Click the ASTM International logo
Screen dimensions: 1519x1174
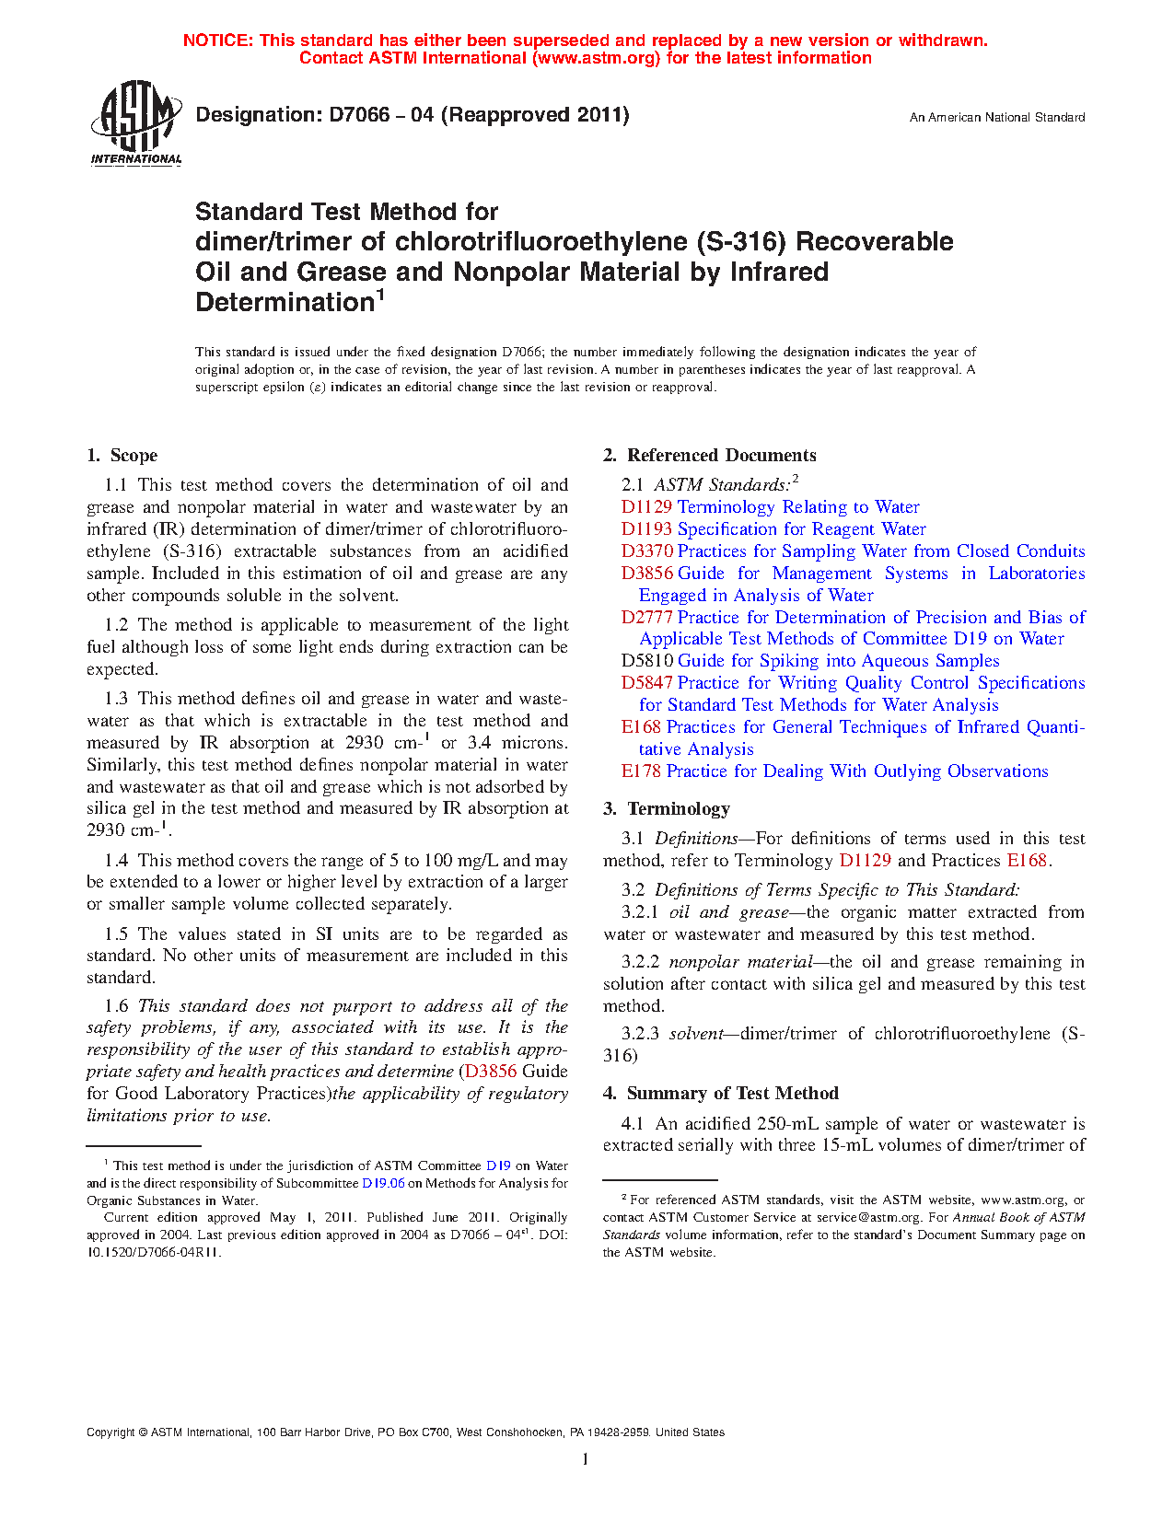[x=135, y=122]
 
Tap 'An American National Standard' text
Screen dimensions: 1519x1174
[x=997, y=118]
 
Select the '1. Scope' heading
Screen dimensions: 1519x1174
[x=122, y=456]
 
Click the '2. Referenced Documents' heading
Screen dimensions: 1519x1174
[x=709, y=456]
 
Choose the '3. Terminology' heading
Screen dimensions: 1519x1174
[x=667, y=809]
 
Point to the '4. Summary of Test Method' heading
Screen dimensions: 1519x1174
[x=721, y=1094]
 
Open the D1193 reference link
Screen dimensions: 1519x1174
[x=647, y=529]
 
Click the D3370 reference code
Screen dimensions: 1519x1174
[x=647, y=551]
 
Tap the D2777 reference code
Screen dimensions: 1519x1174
[x=647, y=618]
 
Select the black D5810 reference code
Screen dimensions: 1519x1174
[x=647, y=661]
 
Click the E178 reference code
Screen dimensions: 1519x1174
[x=641, y=771]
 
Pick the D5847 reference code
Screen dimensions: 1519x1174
[x=647, y=683]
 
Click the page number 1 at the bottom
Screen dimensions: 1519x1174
[x=586, y=1459]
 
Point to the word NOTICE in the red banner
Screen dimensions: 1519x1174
[x=216, y=41]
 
